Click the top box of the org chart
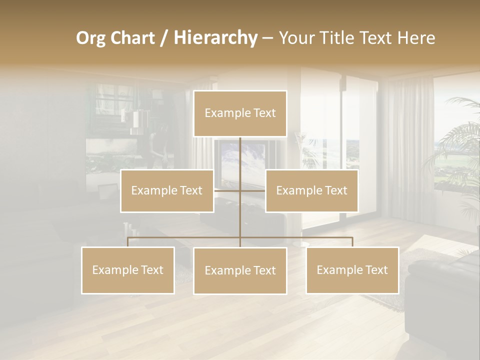(240, 113)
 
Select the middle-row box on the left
(167, 191)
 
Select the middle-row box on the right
(311, 191)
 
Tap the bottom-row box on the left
(128, 270)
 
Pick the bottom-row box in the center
(240, 271)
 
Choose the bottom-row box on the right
(352, 270)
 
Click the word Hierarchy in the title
(215, 37)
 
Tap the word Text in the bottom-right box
(375, 270)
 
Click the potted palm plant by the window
(457, 155)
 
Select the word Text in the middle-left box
(190, 190)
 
